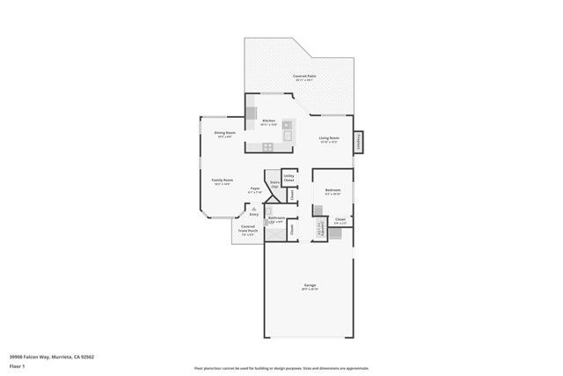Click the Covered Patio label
coord(305,77)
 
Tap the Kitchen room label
coord(268,121)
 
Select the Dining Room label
coord(224,133)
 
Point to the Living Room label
coord(329,138)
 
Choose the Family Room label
coord(222,180)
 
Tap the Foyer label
coord(254,188)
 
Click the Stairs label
coord(274,184)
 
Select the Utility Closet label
coord(289,178)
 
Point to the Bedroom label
coord(333,190)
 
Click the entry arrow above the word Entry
coord(254,208)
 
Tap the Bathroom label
coord(276,217)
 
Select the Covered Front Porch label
coord(248,231)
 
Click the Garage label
coord(310,285)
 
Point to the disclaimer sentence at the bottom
coord(281,368)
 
